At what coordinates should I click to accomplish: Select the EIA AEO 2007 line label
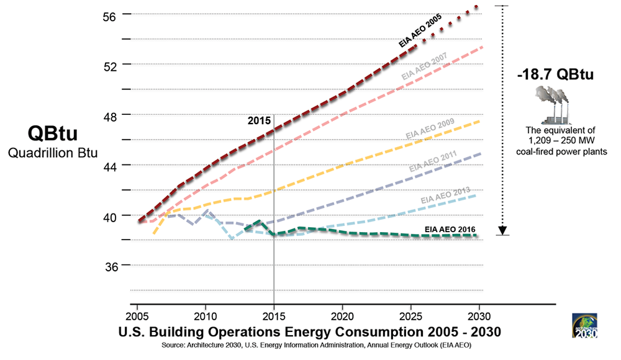click(x=425, y=66)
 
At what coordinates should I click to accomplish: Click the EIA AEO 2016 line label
click(x=451, y=229)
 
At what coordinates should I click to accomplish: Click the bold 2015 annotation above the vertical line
click(x=256, y=120)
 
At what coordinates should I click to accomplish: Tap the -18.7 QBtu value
click(x=555, y=75)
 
